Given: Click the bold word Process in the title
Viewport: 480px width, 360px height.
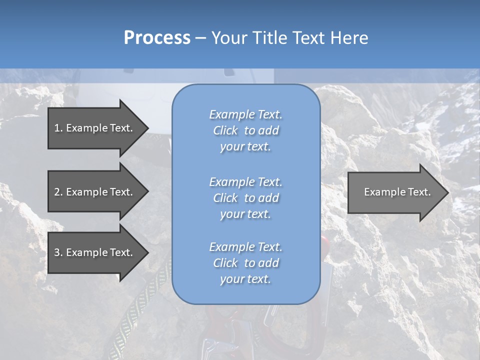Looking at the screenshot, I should [x=157, y=38].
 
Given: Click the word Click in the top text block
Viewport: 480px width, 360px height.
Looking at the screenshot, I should [x=225, y=130].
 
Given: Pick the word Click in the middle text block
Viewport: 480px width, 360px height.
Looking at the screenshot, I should [x=225, y=198].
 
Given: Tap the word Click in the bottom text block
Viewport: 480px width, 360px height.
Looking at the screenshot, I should [x=225, y=263].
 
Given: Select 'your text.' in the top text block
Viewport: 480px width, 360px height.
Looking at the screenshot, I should [x=245, y=147].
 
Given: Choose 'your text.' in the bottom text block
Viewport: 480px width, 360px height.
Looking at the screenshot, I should [x=245, y=279].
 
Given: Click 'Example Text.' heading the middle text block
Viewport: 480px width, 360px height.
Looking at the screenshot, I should [x=245, y=182].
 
